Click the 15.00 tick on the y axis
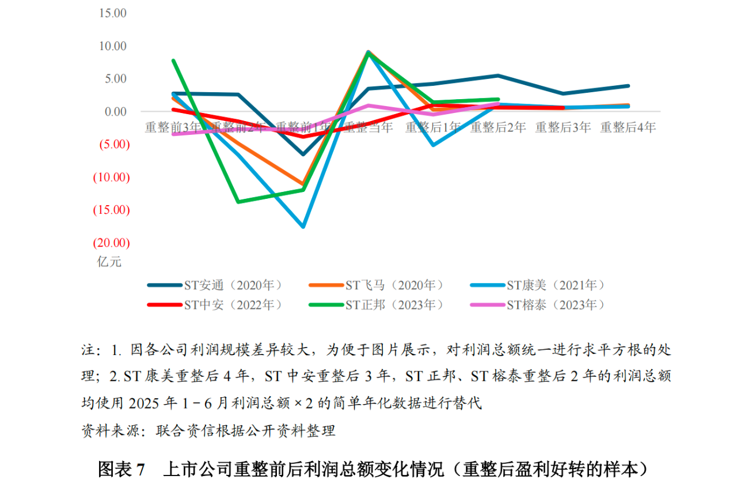[x=113, y=13]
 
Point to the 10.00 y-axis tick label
[x=113, y=46]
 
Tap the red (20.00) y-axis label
[x=112, y=243]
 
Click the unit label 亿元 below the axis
[x=109, y=261]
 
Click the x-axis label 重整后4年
[x=628, y=127]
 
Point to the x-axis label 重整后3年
[x=563, y=127]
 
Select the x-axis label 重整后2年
[x=498, y=127]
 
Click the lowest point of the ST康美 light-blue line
[x=303, y=227]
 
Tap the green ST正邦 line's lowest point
[x=238, y=202]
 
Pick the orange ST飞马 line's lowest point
[x=303, y=184]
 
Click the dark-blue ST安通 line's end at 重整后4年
[x=628, y=86]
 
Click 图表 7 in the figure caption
[x=121, y=468]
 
